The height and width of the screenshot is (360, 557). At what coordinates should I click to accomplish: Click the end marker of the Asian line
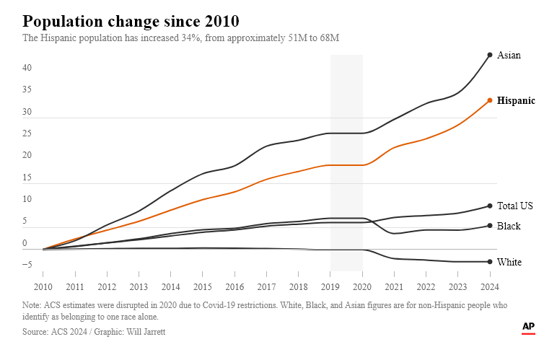click(490, 55)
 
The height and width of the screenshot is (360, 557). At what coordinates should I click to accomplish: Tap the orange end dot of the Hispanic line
click(490, 100)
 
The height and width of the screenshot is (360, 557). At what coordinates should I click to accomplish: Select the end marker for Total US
click(490, 206)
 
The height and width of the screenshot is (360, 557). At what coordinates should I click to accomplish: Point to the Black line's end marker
click(490, 226)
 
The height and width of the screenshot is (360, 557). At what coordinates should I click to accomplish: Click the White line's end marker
click(490, 262)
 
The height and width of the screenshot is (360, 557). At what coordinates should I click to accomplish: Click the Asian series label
click(509, 56)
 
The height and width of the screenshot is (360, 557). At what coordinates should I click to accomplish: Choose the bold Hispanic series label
click(516, 101)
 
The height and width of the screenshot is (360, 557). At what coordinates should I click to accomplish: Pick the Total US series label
click(514, 206)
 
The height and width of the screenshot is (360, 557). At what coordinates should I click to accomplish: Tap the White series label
click(509, 263)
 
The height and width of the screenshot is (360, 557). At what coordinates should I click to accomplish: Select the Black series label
click(509, 227)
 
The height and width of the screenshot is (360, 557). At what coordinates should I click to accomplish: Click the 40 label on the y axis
click(27, 68)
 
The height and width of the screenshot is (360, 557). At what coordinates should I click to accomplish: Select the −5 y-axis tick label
click(27, 265)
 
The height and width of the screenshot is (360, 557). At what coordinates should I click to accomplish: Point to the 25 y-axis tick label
click(27, 133)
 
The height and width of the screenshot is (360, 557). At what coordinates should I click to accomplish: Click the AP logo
click(528, 327)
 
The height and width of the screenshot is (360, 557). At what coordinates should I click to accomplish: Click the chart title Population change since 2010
click(131, 20)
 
